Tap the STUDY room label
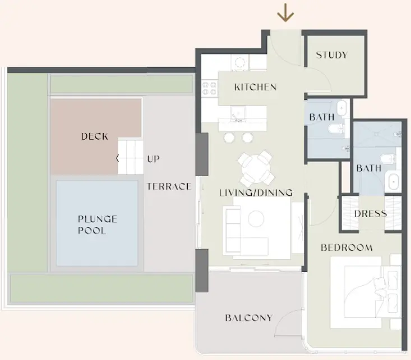click(x=331, y=55)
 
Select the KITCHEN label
click(x=255, y=87)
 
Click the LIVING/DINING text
click(x=256, y=192)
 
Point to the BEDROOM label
click(x=347, y=247)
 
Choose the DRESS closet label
click(x=371, y=214)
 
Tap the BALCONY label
click(x=248, y=318)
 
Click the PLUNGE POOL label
click(x=97, y=224)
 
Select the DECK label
click(x=95, y=136)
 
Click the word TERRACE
click(x=169, y=186)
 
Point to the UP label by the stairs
click(x=153, y=159)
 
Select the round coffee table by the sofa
click(x=256, y=219)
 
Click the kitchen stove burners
click(x=210, y=87)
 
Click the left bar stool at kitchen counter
click(x=229, y=137)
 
